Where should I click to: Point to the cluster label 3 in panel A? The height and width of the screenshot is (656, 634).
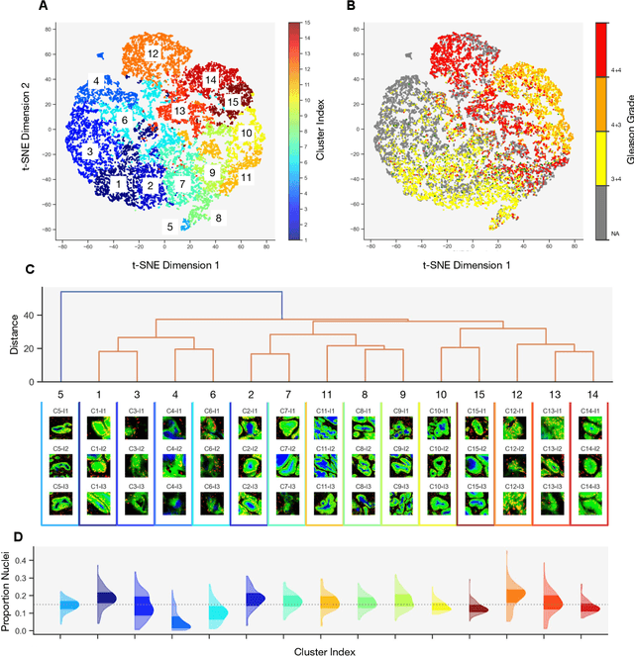(x=89, y=151)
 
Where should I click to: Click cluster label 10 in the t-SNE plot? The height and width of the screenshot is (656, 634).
(x=246, y=132)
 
